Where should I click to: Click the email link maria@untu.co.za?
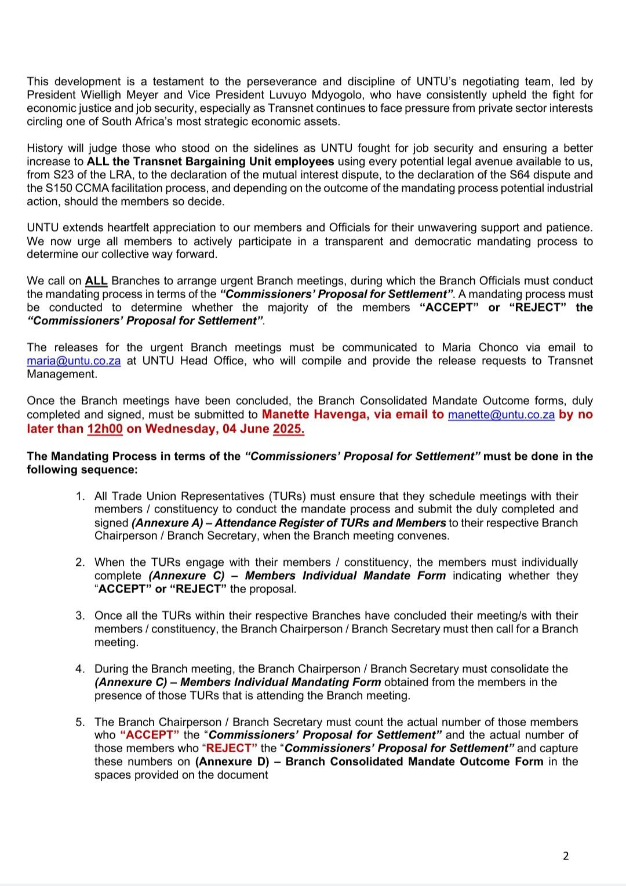[x=74, y=361]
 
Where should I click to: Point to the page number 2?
[x=566, y=855]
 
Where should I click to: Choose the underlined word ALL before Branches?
[x=96, y=281]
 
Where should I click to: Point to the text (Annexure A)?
[x=160, y=523]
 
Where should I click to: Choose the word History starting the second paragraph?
[x=48, y=148]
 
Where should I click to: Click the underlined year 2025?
[x=288, y=429]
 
